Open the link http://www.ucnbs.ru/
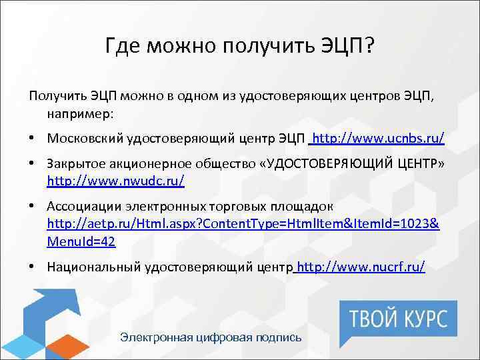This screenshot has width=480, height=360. coord(378,139)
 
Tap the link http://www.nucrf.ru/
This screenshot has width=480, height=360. coord(361,267)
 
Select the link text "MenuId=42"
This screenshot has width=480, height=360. coord(81,241)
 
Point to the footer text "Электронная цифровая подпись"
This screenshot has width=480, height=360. coord(211,337)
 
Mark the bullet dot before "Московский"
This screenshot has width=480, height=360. coord(33,139)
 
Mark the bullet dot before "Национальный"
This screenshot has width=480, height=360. coord(33,267)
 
